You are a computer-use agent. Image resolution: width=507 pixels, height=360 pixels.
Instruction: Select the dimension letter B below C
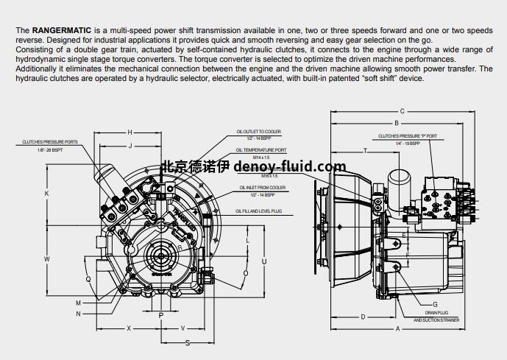click(397, 123)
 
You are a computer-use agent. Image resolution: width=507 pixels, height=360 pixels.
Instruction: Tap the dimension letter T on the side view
click(366, 150)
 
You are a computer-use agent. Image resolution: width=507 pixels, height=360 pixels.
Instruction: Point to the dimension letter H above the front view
click(130, 132)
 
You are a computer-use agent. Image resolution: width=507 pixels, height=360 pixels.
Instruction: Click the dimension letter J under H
click(130, 146)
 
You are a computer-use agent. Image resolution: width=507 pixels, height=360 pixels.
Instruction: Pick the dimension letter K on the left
click(46, 194)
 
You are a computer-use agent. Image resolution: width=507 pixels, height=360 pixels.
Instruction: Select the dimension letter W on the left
click(46, 259)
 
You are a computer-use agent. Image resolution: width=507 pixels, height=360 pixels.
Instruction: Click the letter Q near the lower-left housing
click(89, 279)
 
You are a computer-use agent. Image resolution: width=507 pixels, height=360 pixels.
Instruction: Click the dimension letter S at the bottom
click(187, 342)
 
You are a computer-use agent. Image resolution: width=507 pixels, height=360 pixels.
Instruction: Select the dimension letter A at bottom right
click(397, 329)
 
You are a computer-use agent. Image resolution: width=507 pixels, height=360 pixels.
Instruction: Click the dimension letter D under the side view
click(363, 317)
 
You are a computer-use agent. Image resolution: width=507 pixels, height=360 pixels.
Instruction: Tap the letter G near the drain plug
click(435, 304)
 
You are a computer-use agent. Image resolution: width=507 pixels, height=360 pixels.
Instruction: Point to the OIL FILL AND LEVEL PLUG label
click(259, 211)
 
